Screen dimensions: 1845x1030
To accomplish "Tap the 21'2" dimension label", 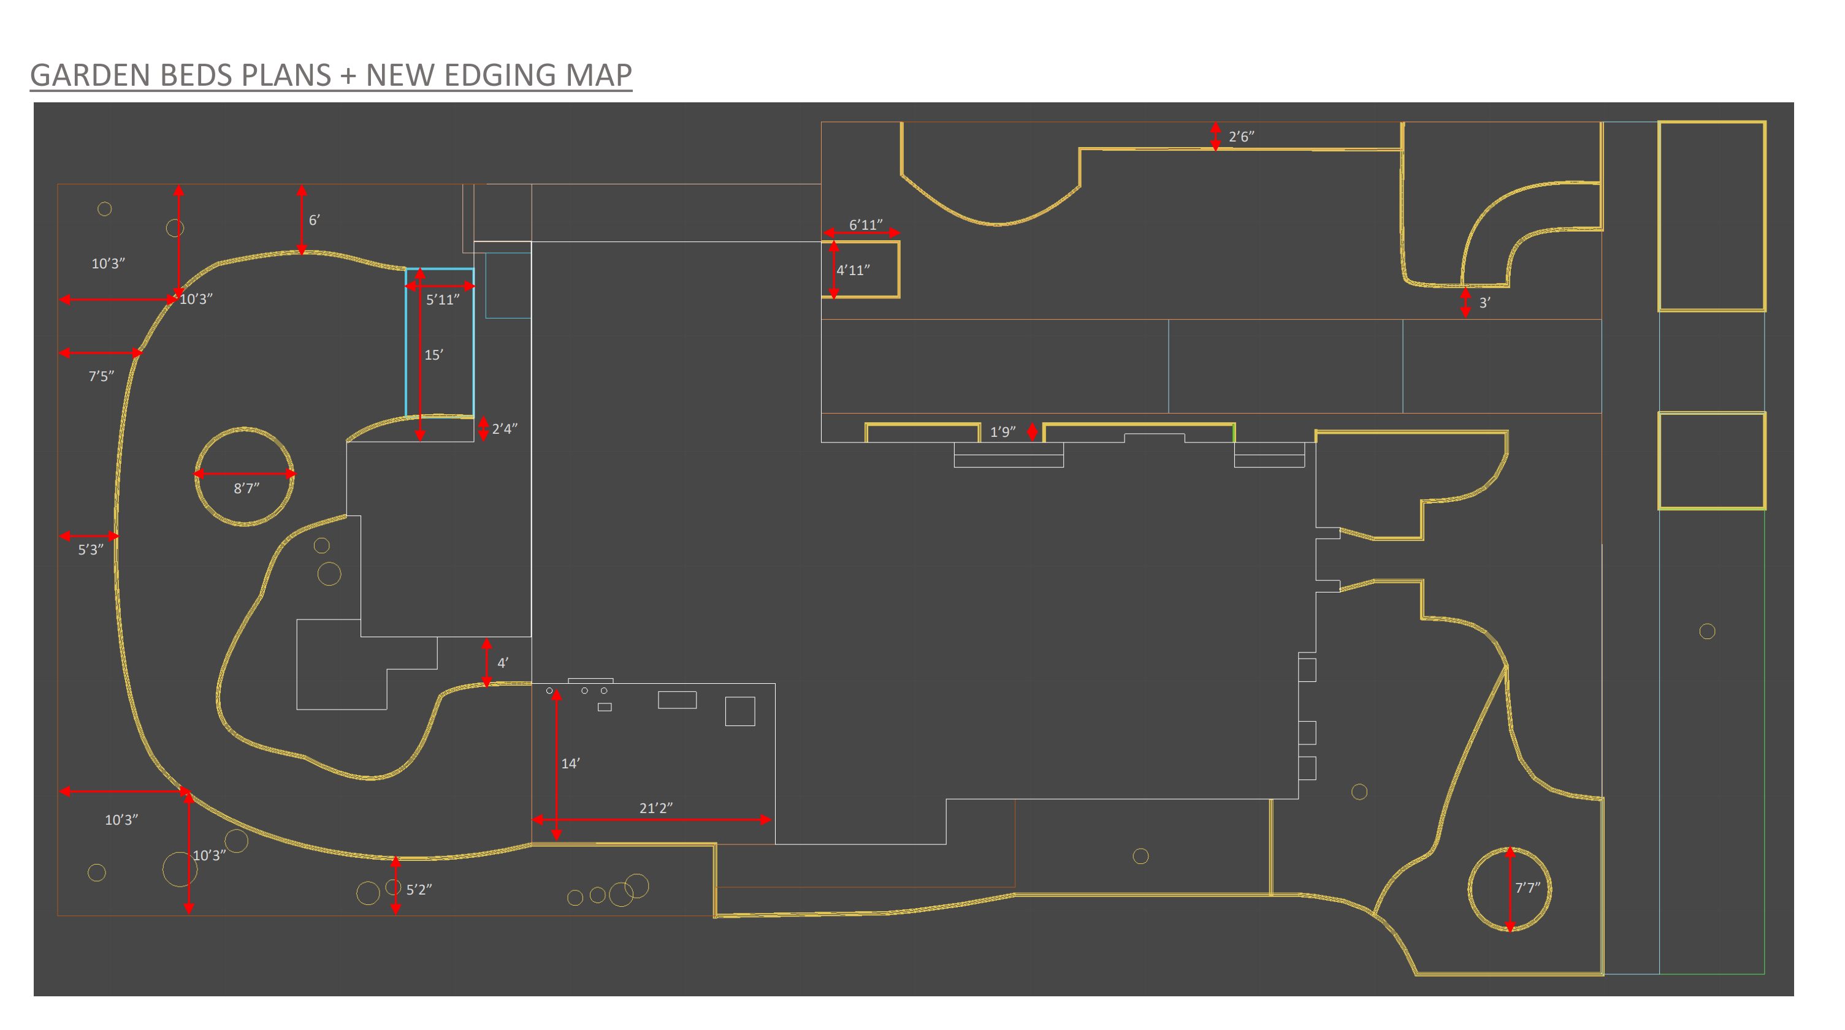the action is click(x=656, y=808).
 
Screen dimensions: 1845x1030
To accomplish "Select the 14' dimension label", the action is click(x=570, y=763).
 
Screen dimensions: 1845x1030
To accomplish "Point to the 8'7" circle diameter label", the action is click(x=246, y=488).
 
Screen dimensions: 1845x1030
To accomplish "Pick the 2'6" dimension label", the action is click(x=1241, y=137).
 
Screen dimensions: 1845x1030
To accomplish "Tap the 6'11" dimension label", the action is click(x=865, y=225).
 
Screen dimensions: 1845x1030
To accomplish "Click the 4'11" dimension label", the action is click(x=853, y=270).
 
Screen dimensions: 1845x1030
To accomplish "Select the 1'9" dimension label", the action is click(x=1003, y=431).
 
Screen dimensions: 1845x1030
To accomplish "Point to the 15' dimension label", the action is click(x=434, y=355).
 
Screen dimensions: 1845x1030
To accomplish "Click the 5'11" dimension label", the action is click(x=443, y=300).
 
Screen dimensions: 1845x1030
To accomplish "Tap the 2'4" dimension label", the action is click(x=504, y=429).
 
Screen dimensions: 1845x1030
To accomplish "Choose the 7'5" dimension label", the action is click(x=101, y=376).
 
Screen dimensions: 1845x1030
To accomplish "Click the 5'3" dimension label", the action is click(x=91, y=550).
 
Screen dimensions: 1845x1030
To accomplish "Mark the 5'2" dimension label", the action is click(x=419, y=890).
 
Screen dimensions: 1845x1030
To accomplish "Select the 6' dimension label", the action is click(x=314, y=221).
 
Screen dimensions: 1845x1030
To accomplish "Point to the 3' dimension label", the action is click(x=1484, y=303).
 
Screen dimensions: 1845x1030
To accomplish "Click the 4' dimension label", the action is click(x=503, y=663).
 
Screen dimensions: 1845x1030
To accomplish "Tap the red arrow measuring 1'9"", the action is click(x=1032, y=431).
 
